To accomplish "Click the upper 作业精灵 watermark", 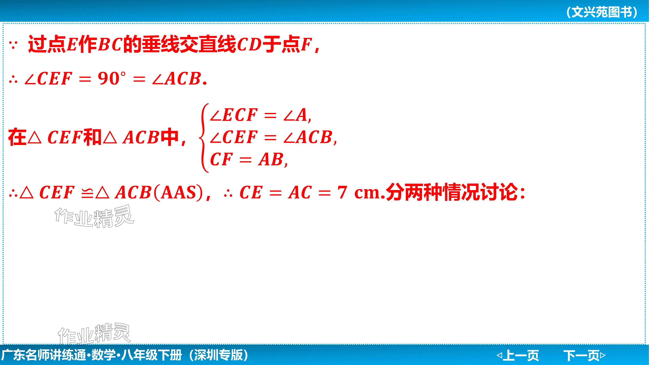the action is pos(94,216).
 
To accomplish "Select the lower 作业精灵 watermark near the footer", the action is pos(94,334).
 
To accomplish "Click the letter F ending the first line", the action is pos(306,45).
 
